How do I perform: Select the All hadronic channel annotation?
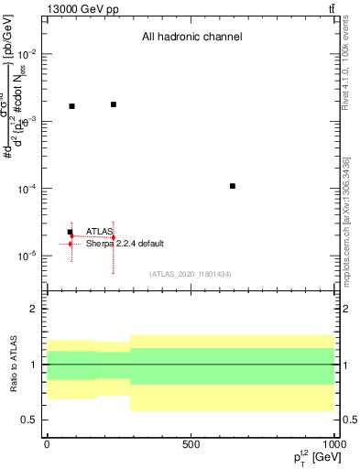(191, 38)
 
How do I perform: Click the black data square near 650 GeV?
(233, 186)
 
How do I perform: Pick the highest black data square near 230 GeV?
(114, 104)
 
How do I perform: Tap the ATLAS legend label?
(100, 231)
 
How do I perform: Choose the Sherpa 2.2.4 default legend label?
(125, 244)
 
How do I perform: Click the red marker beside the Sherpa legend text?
(71, 244)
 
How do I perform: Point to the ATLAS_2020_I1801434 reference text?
(191, 274)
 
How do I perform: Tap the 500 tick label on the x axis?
(191, 444)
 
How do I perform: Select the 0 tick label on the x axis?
(47, 444)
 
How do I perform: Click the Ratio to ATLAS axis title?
(12, 365)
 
